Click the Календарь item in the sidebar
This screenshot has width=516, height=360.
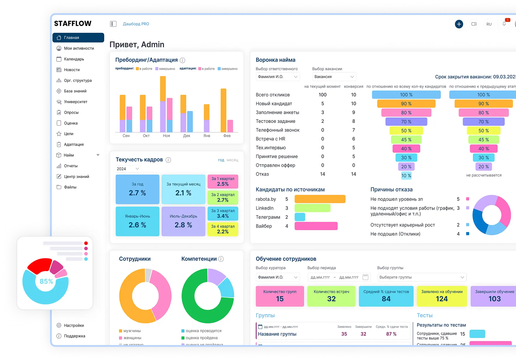tap(74, 59)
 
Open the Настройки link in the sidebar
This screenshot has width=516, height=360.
tap(74, 325)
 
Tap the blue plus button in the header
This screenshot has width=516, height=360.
tap(459, 24)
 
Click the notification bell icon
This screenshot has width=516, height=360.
tap(504, 24)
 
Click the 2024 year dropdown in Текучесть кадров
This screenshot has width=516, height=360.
tap(128, 169)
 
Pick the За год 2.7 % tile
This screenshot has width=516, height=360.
tap(137, 189)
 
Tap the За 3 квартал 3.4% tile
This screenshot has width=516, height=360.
tap(223, 214)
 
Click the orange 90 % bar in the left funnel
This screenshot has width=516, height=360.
tap(406, 104)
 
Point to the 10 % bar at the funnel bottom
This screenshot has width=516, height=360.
tap(406, 176)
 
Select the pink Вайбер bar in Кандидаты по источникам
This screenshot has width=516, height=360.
tap(316, 226)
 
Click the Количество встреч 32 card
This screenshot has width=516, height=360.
tap(331, 296)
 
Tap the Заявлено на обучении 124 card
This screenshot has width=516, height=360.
tap(442, 296)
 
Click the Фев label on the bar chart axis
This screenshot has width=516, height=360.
tap(227, 136)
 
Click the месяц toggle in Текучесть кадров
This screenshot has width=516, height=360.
tap(232, 160)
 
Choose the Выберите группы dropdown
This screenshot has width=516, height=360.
tap(422, 277)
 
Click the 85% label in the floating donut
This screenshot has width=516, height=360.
tap(46, 282)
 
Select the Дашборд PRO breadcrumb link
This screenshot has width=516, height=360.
tap(136, 24)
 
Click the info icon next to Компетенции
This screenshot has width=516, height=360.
tap(221, 259)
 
